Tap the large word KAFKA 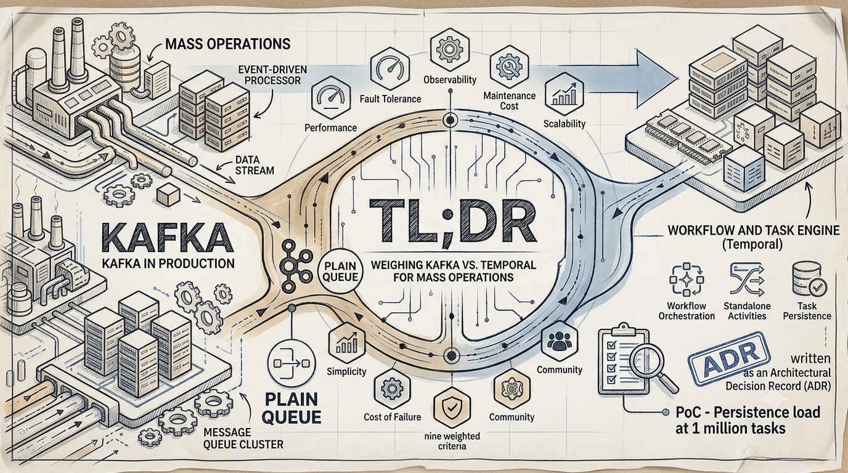167,238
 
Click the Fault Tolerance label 390,99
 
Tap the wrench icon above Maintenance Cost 509,67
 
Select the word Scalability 564,123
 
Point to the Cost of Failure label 392,417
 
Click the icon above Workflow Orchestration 687,280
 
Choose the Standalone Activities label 747,310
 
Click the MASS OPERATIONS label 228,44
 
